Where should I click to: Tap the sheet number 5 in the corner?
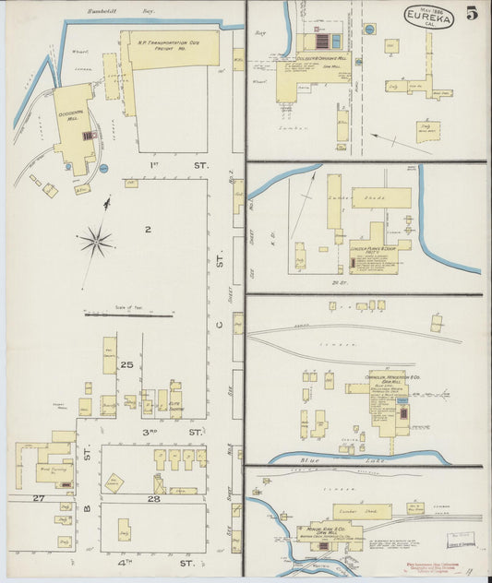pos(472,14)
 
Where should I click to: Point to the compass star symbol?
pos(95,242)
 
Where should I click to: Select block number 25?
pos(129,366)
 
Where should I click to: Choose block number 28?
pos(152,498)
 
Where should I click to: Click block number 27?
pos(39,498)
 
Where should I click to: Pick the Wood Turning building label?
pos(54,470)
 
